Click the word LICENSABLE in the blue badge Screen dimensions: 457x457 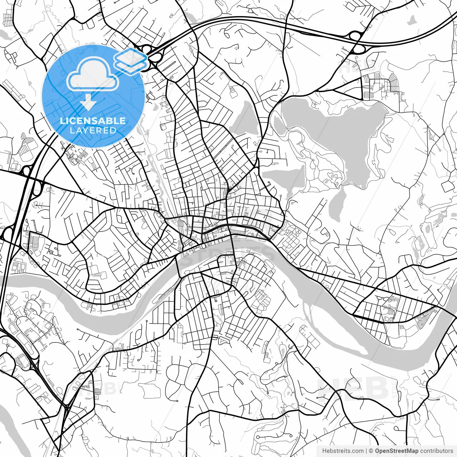[x=93, y=121]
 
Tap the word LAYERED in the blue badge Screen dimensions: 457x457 [x=93, y=130]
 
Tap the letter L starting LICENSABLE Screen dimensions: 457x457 [x=62, y=121]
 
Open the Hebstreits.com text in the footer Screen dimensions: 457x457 [x=343, y=451]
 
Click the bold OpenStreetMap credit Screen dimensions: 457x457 [x=396, y=451]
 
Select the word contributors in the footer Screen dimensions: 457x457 [x=436, y=451]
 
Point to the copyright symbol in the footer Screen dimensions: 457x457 [x=371, y=451]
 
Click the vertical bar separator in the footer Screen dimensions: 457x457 [x=367, y=451]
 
